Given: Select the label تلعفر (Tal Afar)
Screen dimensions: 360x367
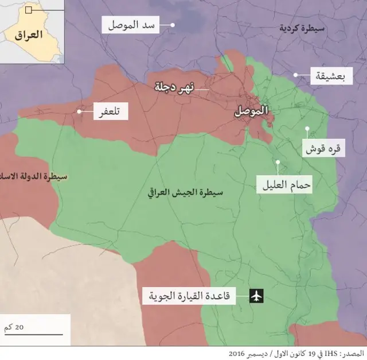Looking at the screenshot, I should tap(111, 111).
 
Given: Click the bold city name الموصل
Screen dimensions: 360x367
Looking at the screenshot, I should tap(251, 111).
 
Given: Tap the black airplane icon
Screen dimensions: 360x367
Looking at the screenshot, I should tap(256, 296).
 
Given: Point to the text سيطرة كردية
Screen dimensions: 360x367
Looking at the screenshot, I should tap(302, 27).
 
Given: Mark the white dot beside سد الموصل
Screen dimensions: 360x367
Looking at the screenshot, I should tap(173, 25).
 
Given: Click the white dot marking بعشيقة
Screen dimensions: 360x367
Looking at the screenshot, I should tap(296, 75).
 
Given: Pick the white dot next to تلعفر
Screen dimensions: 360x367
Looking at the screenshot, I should tap(79, 111).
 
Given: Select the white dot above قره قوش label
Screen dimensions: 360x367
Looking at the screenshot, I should tap(307, 129).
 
